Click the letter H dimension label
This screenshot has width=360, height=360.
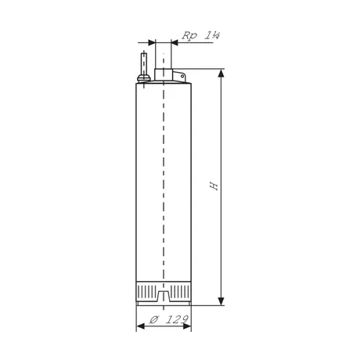[x=214, y=185]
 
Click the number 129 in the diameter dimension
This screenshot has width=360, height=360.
[x=178, y=319]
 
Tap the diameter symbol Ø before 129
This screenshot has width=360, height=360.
[x=153, y=319]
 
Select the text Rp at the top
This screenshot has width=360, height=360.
[x=189, y=35]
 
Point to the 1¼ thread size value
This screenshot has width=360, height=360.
[x=211, y=35]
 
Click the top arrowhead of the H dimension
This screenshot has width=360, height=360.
[x=221, y=74]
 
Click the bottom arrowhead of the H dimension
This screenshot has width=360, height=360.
[x=221, y=301]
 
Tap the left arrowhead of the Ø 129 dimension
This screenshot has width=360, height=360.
[x=140, y=326]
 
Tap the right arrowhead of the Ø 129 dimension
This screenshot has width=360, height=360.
[x=187, y=326]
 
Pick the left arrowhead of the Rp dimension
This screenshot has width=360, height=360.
[x=152, y=42]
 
